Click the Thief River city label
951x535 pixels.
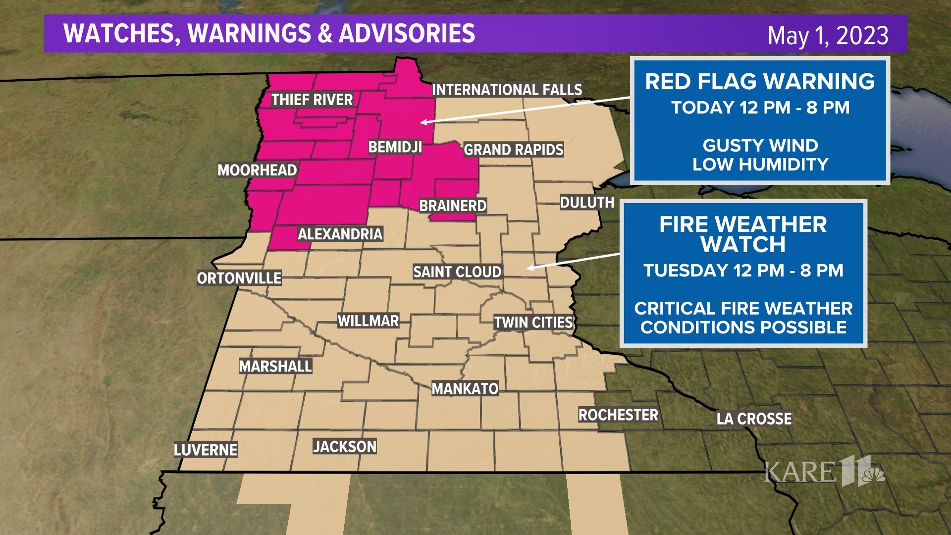coord(312,100)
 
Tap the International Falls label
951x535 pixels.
coord(507,90)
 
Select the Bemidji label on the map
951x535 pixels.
coord(395,147)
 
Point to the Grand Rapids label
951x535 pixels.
coord(514,150)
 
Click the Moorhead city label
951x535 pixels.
coord(257,170)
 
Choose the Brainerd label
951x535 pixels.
coord(453,206)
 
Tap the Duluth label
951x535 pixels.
coord(587,203)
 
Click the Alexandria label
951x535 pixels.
coord(340,234)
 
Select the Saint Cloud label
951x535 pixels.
coord(457,272)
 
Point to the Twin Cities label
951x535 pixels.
coord(533,322)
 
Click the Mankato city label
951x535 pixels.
coord(465,389)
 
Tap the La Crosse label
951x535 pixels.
coord(754,419)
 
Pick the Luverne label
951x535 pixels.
coord(205,450)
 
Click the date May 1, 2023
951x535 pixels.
coord(828,36)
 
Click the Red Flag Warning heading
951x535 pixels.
coord(760,82)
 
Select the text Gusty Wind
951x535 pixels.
coord(760,146)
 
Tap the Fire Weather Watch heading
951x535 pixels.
coord(743,234)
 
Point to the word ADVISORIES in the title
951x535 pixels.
coord(407,33)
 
